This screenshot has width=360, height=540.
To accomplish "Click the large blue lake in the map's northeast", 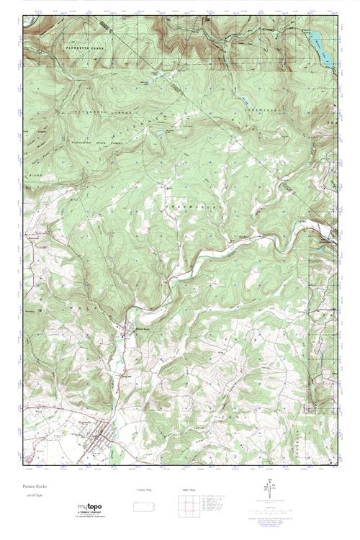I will [321, 48].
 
